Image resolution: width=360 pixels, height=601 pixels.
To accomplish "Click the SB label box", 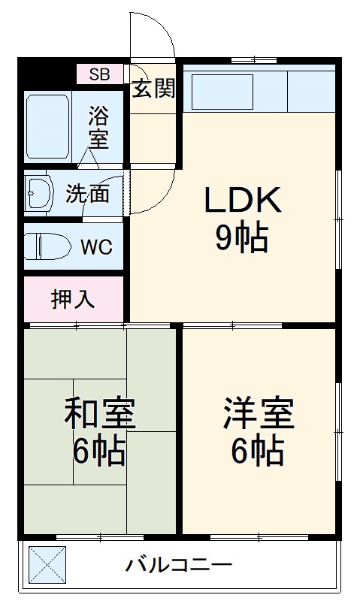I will (100, 74).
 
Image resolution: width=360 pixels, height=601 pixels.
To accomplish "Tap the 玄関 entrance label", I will (154, 89).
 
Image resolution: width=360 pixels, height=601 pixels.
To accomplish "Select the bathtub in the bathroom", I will (49, 125).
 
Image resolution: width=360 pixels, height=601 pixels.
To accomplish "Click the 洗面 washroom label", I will (87, 194).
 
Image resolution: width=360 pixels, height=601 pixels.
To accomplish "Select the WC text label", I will (96, 247).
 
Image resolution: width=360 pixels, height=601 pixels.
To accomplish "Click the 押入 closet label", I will (73, 299).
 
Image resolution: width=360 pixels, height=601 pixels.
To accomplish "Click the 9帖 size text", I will (242, 238).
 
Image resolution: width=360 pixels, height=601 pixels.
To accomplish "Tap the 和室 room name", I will (99, 413).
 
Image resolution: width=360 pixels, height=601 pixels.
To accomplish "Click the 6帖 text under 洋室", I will (257, 450).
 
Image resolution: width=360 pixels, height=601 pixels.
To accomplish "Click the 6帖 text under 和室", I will (99, 452).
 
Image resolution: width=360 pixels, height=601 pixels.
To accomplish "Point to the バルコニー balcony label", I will (179, 564).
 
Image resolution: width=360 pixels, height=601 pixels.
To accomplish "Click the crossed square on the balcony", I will (47, 565).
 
